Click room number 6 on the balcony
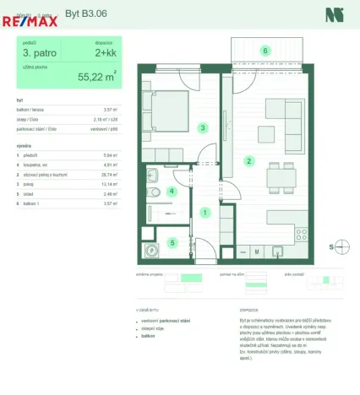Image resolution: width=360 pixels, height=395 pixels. click(265, 51)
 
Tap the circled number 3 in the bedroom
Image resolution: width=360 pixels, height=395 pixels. click(202, 128)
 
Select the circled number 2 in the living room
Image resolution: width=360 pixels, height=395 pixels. click(248, 160)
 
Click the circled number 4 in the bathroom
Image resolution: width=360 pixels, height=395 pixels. click(172, 192)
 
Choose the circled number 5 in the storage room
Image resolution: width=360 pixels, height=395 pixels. click(172, 243)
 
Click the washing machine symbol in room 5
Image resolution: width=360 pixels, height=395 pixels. click(153, 249)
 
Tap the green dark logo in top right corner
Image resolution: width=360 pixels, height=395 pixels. click(334, 14)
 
